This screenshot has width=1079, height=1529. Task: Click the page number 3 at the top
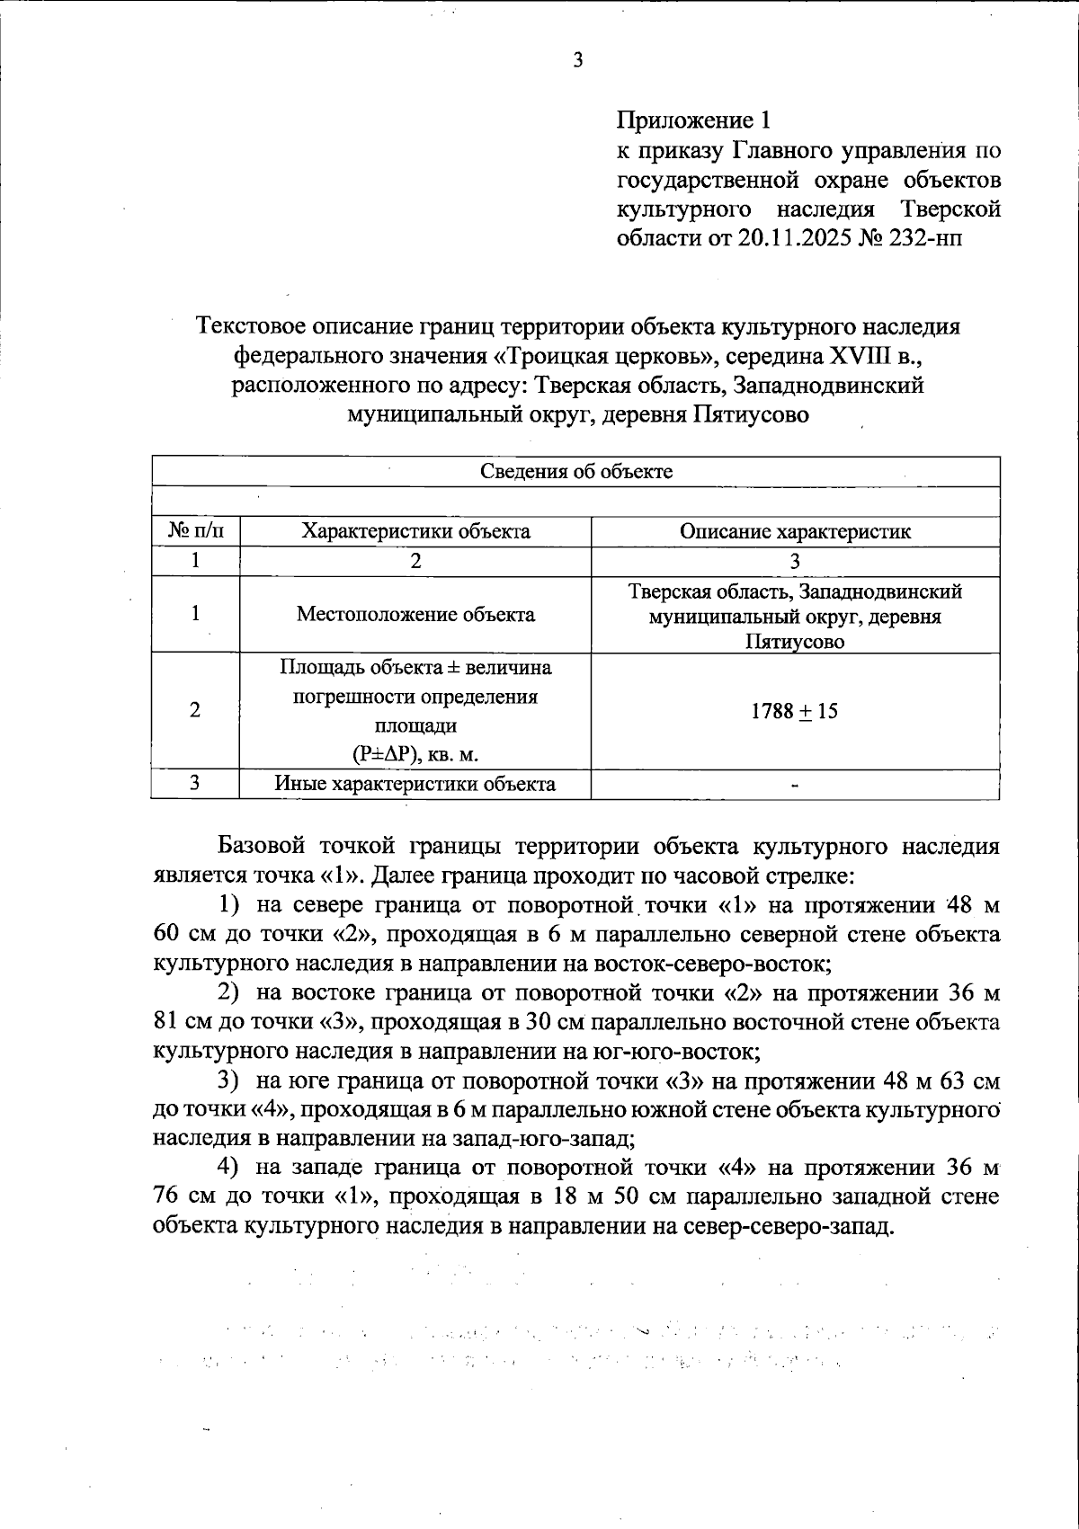click(x=577, y=61)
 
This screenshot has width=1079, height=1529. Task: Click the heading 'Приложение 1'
click(x=693, y=120)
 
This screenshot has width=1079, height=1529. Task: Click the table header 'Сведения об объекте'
click(x=575, y=472)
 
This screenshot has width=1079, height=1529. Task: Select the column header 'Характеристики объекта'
click(x=415, y=531)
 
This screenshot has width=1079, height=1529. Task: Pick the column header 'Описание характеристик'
click(x=795, y=531)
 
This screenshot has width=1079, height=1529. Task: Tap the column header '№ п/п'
click(x=195, y=531)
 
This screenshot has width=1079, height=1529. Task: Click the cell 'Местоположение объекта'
click(x=415, y=615)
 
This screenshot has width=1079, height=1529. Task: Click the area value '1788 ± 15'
click(x=795, y=711)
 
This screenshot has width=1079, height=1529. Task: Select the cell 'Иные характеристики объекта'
click(x=415, y=784)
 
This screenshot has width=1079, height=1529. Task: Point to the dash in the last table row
click(x=795, y=786)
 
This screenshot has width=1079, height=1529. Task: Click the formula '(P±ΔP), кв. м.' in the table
click(x=415, y=754)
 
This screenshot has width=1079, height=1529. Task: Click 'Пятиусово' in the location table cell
click(x=795, y=642)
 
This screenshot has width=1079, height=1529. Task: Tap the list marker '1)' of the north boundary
click(x=231, y=905)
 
